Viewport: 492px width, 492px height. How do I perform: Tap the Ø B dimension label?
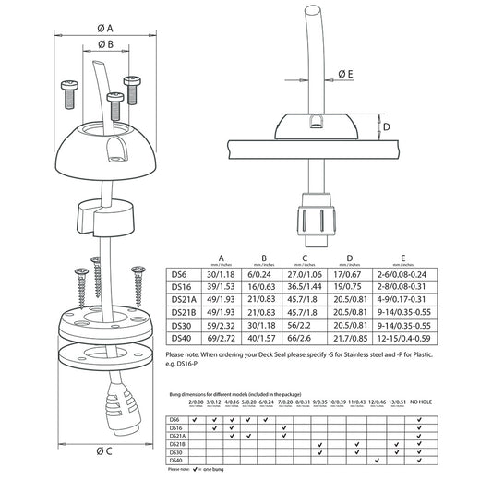click(x=105, y=43)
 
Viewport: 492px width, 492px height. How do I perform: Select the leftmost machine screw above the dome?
click(x=68, y=90)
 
